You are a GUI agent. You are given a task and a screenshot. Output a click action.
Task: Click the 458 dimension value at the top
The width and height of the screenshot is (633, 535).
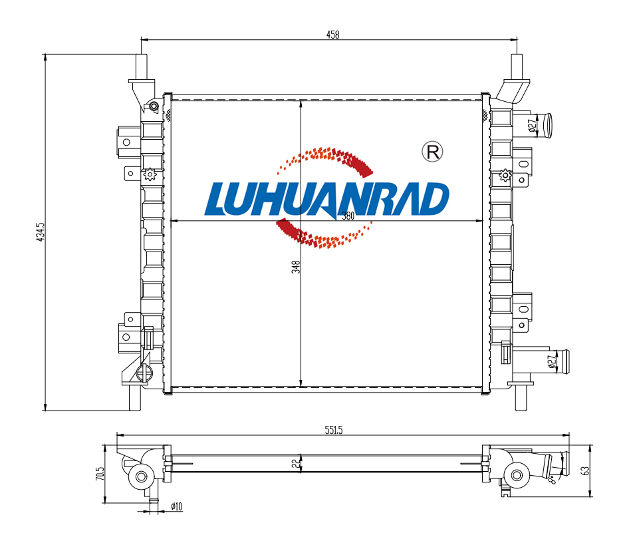point(332,35)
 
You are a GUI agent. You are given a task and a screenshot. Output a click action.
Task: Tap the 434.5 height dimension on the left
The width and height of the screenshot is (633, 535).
point(41,232)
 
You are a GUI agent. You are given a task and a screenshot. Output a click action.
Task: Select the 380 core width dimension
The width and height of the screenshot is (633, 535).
point(348,216)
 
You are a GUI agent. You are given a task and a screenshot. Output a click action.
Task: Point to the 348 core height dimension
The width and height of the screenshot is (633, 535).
point(297,267)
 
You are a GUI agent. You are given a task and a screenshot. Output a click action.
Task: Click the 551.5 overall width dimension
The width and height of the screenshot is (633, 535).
point(334,431)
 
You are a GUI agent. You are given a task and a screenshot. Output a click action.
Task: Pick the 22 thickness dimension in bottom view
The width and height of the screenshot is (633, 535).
point(297,463)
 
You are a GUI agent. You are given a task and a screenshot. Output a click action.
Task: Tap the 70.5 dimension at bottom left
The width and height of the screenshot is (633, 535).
point(100,474)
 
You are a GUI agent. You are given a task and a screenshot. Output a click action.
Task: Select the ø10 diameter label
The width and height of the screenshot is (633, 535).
point(176,506)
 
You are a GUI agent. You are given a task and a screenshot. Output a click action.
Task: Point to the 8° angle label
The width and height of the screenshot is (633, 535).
point(553,479)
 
